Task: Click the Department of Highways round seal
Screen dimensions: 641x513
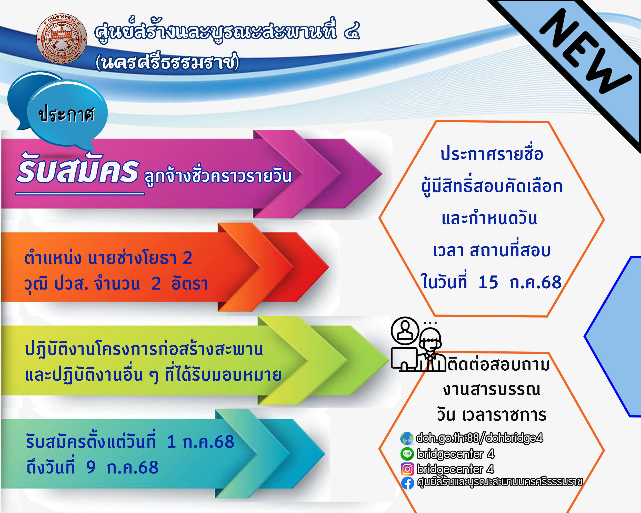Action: click(62, 39)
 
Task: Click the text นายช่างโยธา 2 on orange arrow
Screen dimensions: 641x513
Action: click(140, 258)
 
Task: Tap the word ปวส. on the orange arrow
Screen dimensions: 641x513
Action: click(71, 284)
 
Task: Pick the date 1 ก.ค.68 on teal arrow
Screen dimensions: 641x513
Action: click(201, 442)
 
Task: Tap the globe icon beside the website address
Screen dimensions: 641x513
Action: click(407, 438)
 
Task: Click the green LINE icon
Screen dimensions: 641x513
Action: click(407, 454)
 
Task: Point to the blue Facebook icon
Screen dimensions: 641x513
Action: click(407, 483)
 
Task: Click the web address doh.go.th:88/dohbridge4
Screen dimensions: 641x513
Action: click(479, 438)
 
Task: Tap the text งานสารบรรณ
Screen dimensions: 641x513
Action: click(492, 390)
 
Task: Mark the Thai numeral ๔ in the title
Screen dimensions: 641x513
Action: click(352, 31)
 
